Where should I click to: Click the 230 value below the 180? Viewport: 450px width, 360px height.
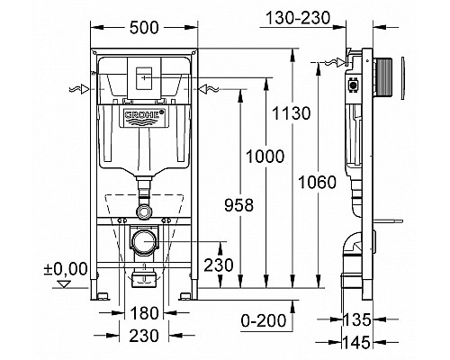click(x=145, y=337)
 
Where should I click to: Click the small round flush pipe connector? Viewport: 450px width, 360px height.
click(x=145, y=211)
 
